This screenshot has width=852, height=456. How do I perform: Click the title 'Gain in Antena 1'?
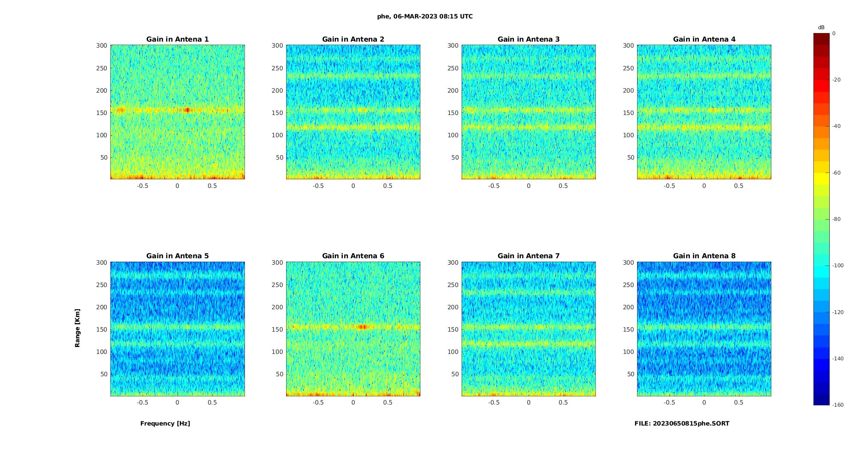(177, 39)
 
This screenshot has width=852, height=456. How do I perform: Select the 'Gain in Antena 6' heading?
(353, 256)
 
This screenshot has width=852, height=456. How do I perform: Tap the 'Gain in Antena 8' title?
(704, 256)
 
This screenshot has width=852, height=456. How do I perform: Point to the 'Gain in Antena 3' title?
(529, 39)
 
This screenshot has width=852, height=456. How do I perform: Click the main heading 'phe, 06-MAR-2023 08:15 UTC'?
(425, 17)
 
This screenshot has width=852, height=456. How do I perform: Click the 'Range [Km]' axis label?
(78, 328)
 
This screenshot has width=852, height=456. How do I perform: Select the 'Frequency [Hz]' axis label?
(165, 423)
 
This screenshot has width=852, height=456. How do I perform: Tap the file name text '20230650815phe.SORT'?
(691, 423)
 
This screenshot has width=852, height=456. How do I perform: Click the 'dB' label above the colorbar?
(821, 27)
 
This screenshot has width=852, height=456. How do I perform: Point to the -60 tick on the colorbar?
(837, 173)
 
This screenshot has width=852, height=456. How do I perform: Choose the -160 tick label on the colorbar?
(838, 405)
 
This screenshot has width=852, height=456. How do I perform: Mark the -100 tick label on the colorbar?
(838, 266)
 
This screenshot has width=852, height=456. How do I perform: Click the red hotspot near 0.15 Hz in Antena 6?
(363, 327)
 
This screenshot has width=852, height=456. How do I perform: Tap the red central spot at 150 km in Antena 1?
(187, 110)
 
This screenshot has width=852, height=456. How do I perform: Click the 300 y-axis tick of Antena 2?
(277, 45)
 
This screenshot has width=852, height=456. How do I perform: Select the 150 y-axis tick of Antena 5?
(102, 329)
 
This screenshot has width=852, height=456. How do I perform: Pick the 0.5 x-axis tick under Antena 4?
(738, 186)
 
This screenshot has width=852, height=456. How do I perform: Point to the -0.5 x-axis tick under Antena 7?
(494, 402)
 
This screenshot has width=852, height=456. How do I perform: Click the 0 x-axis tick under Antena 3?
(529, 186)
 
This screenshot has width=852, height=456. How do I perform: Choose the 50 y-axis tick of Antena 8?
(631, 374)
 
